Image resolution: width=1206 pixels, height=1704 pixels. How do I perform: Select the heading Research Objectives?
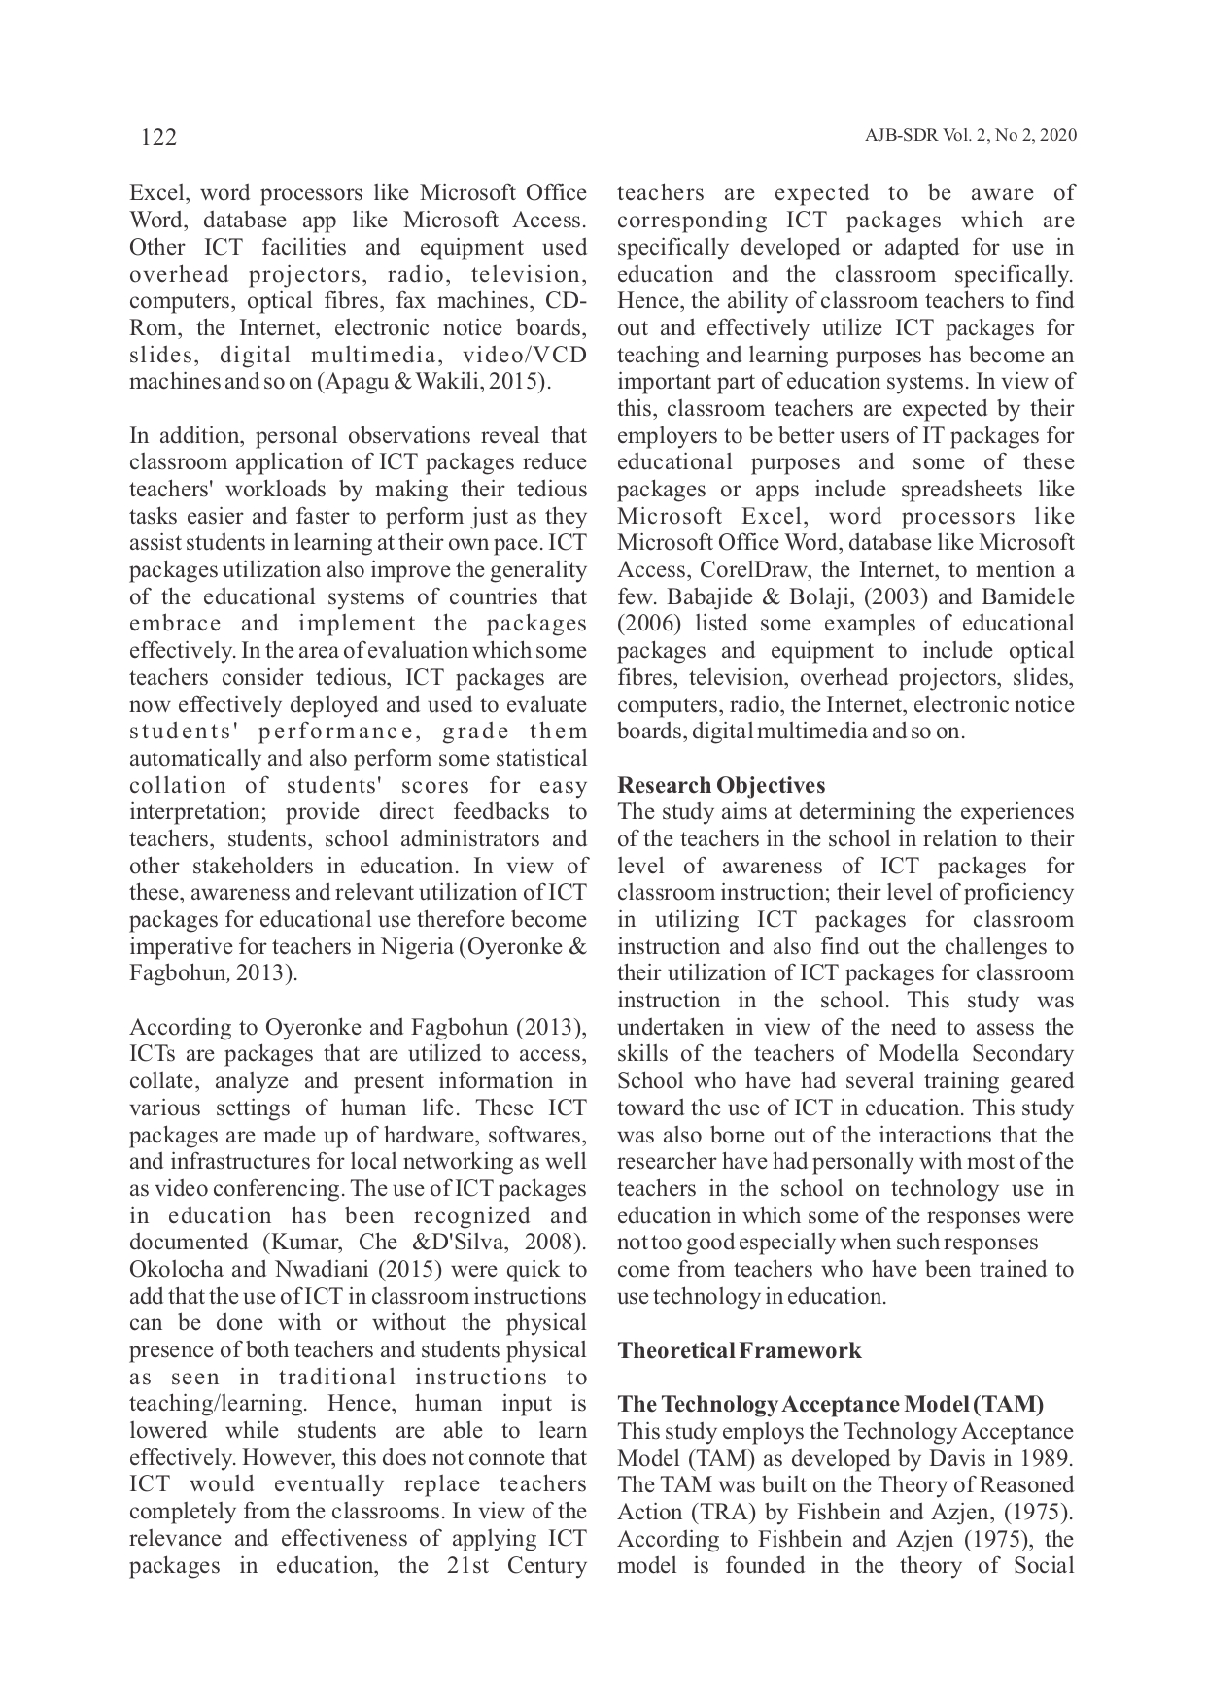[x=721, y=785]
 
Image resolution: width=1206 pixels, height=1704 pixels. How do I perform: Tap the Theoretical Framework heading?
[x=739, y=1350]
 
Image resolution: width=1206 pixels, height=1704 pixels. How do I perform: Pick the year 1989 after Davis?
[x=1048, y=1458]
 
